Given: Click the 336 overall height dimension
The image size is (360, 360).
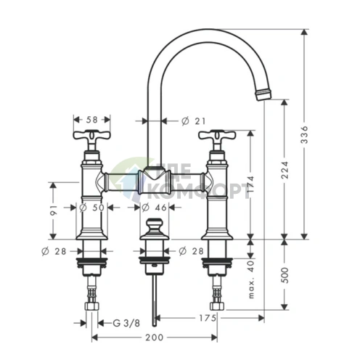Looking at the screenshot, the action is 304,134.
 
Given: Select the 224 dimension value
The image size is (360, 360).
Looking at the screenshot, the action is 285,170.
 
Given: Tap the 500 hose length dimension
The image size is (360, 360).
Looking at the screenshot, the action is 285,275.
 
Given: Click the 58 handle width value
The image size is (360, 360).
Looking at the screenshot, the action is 91,120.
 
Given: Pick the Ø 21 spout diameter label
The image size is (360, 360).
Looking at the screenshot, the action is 193,121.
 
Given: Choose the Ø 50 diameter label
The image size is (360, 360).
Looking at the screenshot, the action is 91,208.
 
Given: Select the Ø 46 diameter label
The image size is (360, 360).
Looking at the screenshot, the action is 154,208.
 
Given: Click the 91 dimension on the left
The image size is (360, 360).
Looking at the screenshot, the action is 54,210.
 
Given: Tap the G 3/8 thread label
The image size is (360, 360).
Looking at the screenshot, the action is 126,323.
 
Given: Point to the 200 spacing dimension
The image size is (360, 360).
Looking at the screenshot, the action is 155,337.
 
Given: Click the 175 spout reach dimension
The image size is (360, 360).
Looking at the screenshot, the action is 207,318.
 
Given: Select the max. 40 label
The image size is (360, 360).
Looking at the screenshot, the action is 251,279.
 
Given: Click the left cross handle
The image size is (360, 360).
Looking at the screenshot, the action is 92,136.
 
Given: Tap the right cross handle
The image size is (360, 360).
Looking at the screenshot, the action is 217,136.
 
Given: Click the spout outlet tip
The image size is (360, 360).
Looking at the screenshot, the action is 263,94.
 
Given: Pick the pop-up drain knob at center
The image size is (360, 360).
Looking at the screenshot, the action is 155,228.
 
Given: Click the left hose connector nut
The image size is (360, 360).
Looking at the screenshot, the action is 92,306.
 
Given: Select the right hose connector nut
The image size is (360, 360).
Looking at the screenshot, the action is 217,306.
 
